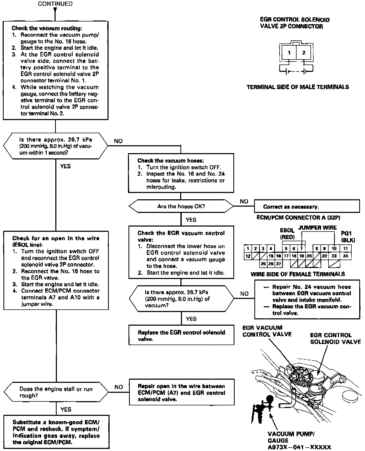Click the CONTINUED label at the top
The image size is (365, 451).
(x=55, y=4)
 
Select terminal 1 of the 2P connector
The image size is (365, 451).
(x=289, y=53)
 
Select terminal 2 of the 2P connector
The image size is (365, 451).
(x=304, y=53)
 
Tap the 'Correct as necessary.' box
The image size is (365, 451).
(x=307, y=206)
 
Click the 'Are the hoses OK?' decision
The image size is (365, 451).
(x=181, y=206)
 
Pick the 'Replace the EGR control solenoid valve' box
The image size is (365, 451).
(x=181, y=335)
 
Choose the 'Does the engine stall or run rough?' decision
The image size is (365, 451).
(x=56, y=392)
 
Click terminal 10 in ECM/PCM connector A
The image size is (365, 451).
(x=334, y=249)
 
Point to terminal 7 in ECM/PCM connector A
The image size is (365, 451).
(x=302, y=249)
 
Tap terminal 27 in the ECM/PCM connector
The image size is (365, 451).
(x=278, y=264)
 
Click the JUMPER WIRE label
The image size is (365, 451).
(x=317, y=228)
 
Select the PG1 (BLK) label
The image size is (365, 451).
(x=348, y=236)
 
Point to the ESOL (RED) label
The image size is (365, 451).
(x=287, y=234)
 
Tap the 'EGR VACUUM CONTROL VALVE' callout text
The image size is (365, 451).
(x=267, y=331)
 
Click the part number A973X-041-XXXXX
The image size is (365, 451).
(x=299, y=447)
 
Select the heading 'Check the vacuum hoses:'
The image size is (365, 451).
(x=170, y=160)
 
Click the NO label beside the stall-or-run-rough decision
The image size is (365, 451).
(x=119, y=387)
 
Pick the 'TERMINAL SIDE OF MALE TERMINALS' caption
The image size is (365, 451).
(x=298, y=87)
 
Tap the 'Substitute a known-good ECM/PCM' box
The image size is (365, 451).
(x=56, y=432)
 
